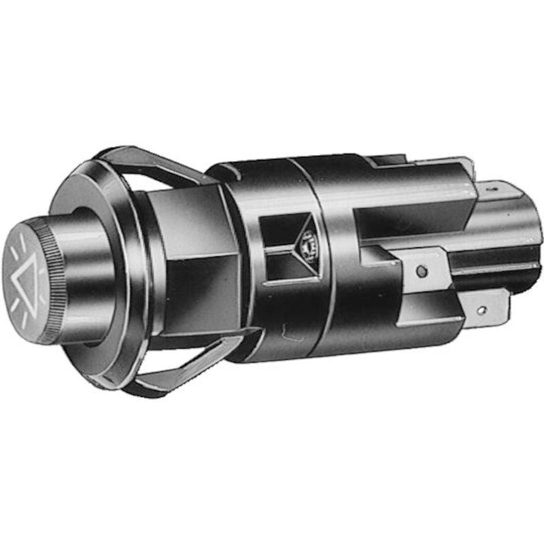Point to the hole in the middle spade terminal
[x=422, y=272]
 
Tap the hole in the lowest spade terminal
[x=482, y=311]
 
